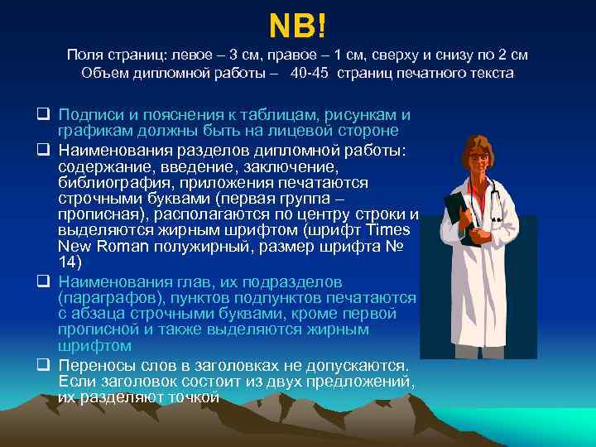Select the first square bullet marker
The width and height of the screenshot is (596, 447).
point(42,114)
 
